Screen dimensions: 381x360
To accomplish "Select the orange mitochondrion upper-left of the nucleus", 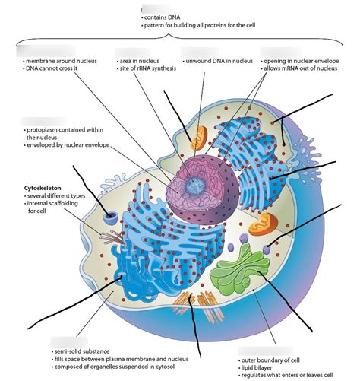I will coord(199,138).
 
